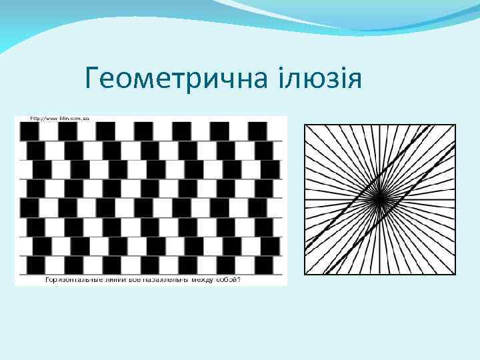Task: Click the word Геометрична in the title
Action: point(175,81)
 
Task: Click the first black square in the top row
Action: point(29,131)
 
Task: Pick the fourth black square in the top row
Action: point(143,131)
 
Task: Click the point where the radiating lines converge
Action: point(379,199)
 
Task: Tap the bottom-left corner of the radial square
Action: point(305,274)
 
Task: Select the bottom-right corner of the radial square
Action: point(456,274)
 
